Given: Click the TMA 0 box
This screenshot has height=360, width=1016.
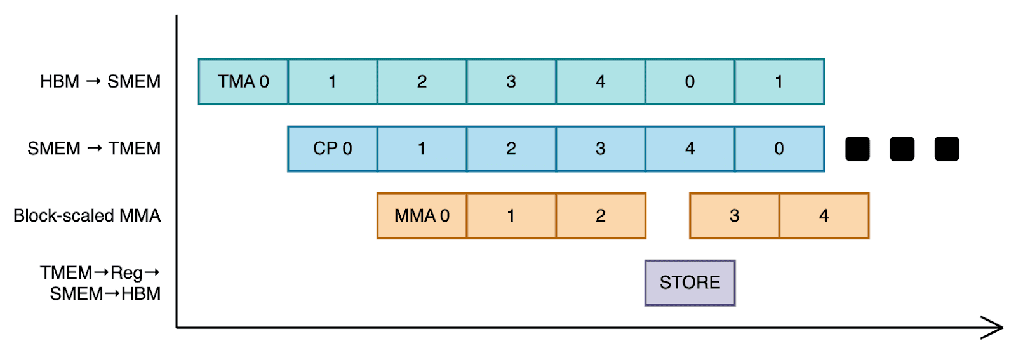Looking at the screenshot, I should coord(243,82).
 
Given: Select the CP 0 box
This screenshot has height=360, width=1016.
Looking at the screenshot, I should coord(332,149).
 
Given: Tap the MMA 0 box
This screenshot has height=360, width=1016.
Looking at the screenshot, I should coord(422,216).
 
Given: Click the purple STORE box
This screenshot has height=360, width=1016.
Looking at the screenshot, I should coord(690,283).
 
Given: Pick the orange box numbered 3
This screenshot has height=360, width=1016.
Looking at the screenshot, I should coord(734,216).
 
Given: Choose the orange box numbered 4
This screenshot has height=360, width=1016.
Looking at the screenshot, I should coord(824,216).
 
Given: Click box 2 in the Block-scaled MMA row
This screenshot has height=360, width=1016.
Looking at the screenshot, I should coord(600,216).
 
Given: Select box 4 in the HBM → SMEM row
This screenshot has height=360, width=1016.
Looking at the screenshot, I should coord(600,82).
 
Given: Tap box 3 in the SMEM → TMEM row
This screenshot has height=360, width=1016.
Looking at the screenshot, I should coord(600,149).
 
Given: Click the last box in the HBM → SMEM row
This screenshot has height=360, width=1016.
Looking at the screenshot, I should coord(779,82).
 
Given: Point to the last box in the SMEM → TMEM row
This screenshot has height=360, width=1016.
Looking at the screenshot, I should coord(779,149).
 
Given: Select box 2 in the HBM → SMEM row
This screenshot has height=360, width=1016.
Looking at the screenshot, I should coord(422,82).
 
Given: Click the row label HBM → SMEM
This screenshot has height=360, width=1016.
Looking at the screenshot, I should coord(100,82).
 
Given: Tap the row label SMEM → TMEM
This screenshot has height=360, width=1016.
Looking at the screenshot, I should coord(94,149).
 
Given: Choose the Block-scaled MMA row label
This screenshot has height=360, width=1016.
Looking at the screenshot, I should coord(87,216).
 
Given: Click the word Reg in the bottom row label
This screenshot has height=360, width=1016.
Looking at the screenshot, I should coord(126,273).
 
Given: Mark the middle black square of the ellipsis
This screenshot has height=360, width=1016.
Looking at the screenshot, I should coord(902,149).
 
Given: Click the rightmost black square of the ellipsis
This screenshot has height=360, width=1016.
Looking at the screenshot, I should coord(946,149).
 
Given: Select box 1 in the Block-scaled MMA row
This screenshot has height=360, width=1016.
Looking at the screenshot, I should coord(511,216).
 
